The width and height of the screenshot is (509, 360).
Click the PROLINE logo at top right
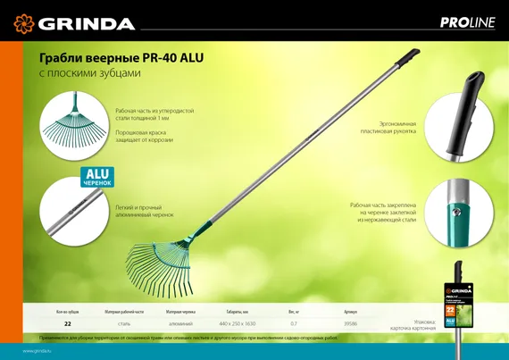coord(466,23)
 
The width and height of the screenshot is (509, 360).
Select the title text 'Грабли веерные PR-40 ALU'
coord(121,58)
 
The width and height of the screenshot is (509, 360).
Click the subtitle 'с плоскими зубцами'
coord(89,72)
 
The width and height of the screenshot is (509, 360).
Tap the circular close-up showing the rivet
coord(457,213)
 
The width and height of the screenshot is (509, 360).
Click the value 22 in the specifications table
coord(68,323)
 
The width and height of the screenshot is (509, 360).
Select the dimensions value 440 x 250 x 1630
coord(237,323)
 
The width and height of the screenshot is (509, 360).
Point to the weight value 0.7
coord(294,323)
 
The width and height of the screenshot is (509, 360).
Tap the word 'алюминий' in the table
coord(180,323)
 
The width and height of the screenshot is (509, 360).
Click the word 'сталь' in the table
coord(124,323)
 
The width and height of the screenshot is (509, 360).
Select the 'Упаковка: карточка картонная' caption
coord(413,323)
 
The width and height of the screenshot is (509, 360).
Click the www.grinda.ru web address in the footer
coord(38,351)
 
